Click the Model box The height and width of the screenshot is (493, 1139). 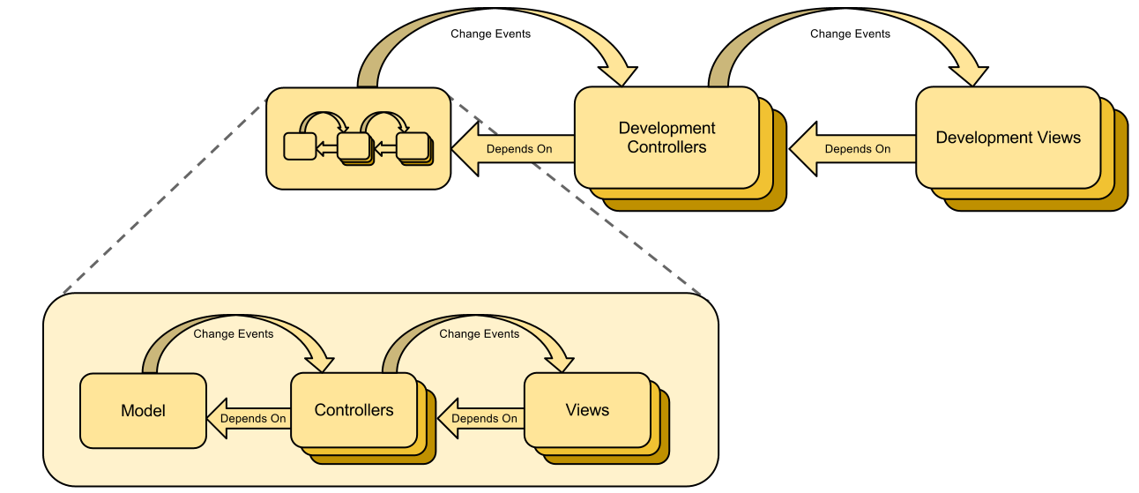coord(143,410)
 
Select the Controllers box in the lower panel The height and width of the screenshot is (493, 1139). coord(354,410)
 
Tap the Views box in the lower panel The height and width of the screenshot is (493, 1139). coord(587,410)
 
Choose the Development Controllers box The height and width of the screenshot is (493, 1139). coord(666,138)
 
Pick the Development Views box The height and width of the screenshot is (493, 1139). coord(1008,138)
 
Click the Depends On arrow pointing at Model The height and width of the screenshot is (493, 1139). coord(248,418)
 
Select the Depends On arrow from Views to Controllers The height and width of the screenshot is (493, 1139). coord(480,418)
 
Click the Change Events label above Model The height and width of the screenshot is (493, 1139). coord(234,334)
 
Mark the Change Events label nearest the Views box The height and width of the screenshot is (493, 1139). coord(480,334)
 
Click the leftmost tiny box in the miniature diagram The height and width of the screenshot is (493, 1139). coord(300,146)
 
